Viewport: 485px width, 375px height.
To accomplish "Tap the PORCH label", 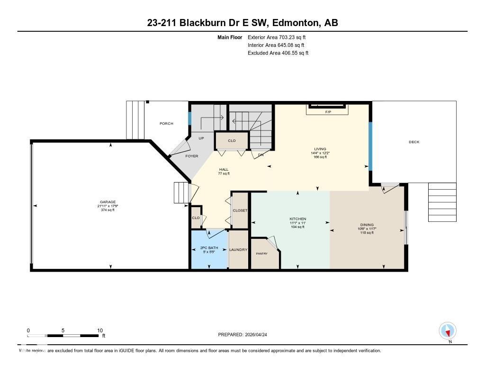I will pos(166,123).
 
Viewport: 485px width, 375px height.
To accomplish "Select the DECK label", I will pos(414,142).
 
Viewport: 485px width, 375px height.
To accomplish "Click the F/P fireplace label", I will pos(328,112).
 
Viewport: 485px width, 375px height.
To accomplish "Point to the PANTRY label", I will pos(262,253).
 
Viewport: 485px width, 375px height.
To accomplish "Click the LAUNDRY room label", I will pos(238,249).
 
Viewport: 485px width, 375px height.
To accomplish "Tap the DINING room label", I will pos(367,225).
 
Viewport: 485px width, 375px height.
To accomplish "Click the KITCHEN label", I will pos(298,219).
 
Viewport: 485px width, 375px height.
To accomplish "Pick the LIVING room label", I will pos(320,149).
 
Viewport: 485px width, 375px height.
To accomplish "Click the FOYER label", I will pos(192,156).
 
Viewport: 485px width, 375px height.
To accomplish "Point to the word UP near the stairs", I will pos(201,138).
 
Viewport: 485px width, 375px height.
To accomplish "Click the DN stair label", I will pos(260,155).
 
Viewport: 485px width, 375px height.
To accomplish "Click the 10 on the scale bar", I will pos(100,330).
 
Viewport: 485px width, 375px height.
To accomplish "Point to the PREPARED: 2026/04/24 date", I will pos(245,335).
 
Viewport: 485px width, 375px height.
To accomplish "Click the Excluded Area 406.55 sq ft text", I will pos(278,53).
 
